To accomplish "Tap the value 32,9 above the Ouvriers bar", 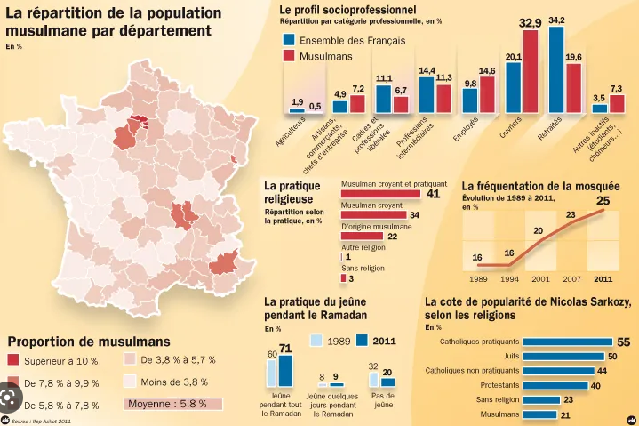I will coord(531,22).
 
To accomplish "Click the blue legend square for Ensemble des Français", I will coord(289,40).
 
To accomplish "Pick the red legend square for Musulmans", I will coord(289,56).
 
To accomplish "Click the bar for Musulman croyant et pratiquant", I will coord(380,193).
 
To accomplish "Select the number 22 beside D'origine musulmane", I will coord(392,236).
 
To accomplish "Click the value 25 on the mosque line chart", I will coord(603,201).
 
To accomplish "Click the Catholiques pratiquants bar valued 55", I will coord(567,342).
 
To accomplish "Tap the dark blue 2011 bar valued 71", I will coord(285,370).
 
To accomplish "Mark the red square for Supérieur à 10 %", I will coord(13,360).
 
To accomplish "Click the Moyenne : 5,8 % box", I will coord(172,403).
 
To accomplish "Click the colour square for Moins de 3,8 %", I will coord(132,382).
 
